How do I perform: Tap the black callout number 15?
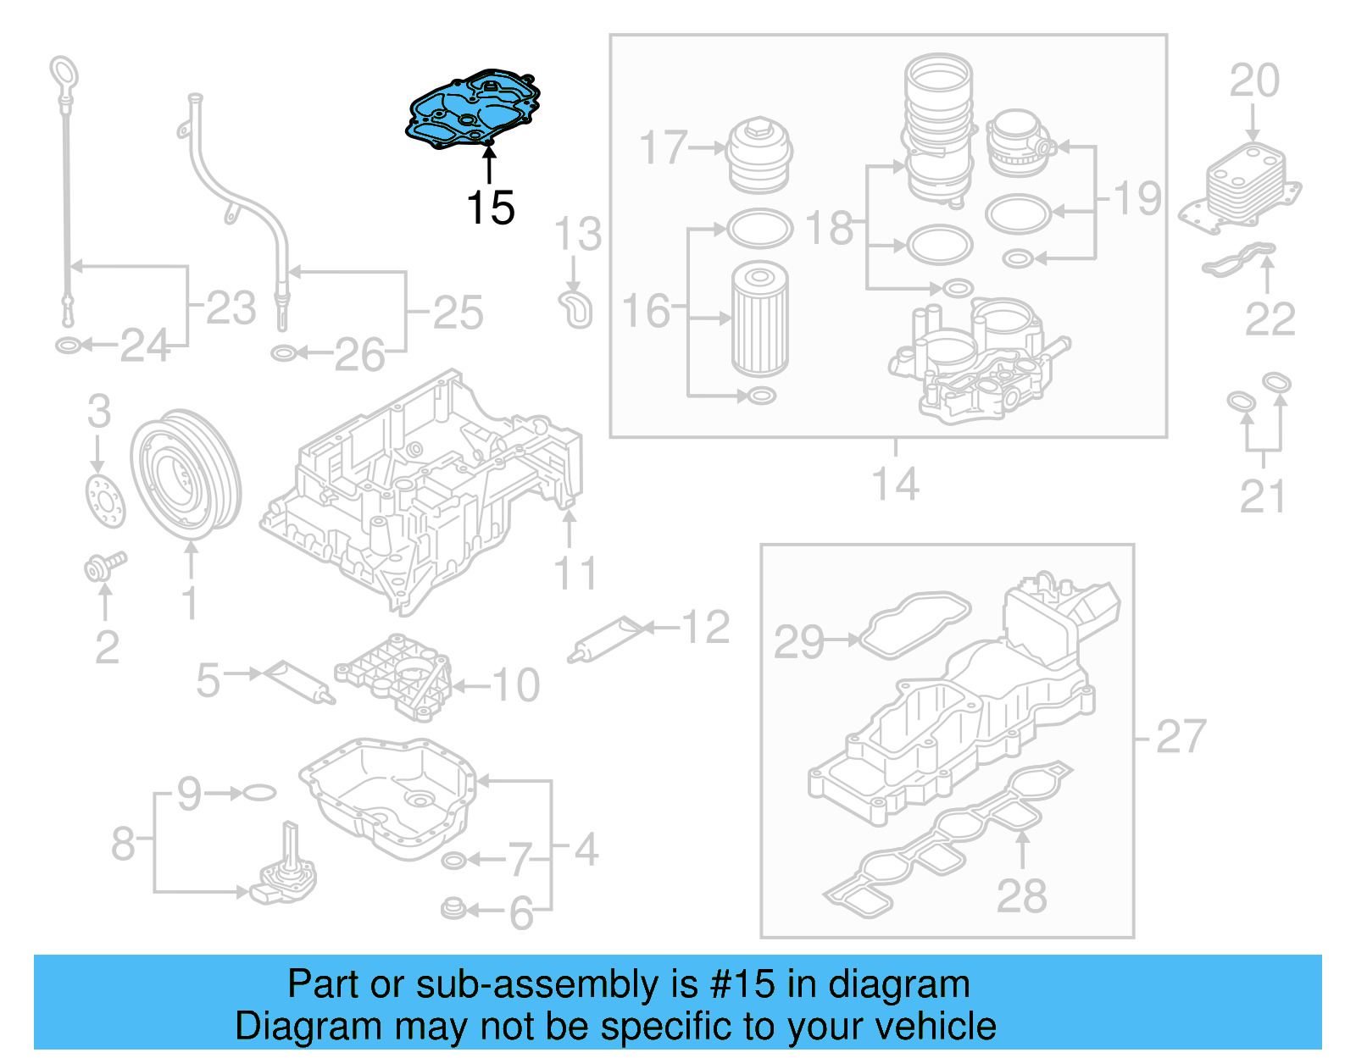point(490,208)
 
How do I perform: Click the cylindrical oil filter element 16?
point(759,319)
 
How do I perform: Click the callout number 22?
point(1269,319)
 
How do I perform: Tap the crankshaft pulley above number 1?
point(186,474)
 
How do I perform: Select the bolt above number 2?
point(104,567)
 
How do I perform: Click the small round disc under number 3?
point(106,501)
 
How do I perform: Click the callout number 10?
point(515,684)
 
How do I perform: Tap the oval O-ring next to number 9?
point(260,793)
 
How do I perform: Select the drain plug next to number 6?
point(453,910)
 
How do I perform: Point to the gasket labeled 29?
point(914,625)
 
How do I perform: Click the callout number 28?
point(1021,895)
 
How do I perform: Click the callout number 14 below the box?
point(895,485)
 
